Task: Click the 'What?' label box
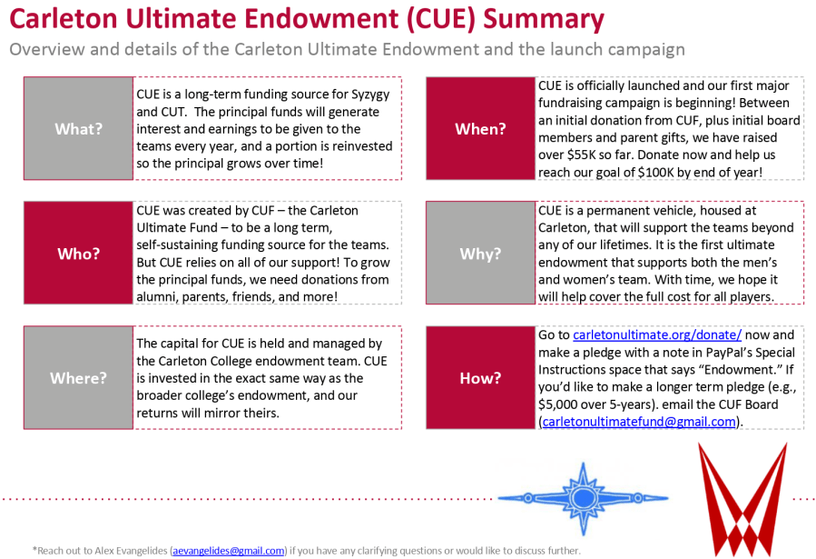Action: pos(78,129)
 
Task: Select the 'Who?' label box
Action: pos(78,254)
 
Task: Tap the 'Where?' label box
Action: pos(78,377)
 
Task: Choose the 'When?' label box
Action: pos(480,129)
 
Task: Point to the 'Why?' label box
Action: pos(480,254)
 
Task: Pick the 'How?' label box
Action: pos(480,377)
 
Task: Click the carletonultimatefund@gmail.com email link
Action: pos(639,422)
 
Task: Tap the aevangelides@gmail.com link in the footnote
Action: pos(228,550)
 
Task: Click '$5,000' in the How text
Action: pos(563,404)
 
